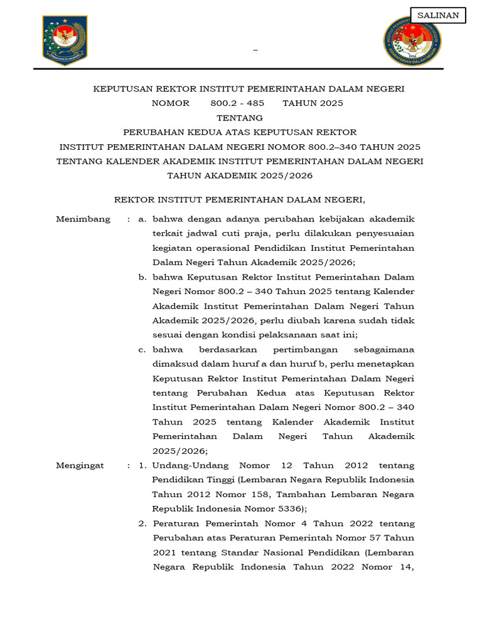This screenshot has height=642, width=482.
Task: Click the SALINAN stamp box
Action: point(438,16)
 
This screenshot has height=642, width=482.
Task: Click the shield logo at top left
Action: point(65,40)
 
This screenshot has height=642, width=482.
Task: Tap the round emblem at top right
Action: point(412,41)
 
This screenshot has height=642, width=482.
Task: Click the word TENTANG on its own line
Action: point(240,118)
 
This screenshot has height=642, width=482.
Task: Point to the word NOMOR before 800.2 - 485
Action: point(170,103)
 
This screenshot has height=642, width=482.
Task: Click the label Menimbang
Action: point(83,219)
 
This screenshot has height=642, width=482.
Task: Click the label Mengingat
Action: point(80,465)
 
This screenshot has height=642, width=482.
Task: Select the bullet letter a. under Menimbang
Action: point(142,219)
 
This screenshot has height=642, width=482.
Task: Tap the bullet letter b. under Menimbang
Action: point(142,276)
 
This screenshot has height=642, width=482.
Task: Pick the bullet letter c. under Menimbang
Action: point(142,349)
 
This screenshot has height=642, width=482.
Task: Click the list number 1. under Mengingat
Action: point(142,465)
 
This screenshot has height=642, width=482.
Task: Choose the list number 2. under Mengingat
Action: point(142,524)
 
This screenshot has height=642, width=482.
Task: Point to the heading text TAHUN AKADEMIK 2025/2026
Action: point(240,176)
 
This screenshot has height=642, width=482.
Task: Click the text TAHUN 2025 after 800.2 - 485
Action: point(313,103)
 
